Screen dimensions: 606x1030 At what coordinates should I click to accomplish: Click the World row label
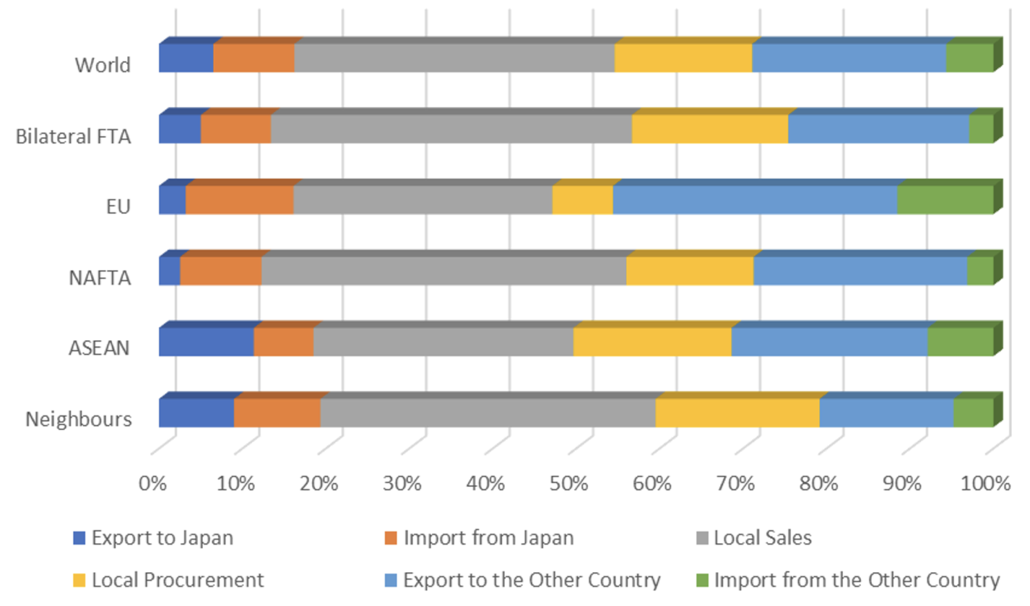102,65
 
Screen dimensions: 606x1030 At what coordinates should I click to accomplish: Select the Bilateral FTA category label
73,136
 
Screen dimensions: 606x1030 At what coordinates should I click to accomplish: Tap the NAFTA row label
99,277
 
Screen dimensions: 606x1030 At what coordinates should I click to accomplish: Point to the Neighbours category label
78,419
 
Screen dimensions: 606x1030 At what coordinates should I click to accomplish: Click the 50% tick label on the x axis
568,483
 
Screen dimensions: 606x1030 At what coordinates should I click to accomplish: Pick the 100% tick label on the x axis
985,483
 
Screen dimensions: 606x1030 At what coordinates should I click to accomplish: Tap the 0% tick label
153,483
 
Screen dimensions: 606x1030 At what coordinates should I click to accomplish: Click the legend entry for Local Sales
762,538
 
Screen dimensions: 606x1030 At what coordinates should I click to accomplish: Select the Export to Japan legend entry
162,538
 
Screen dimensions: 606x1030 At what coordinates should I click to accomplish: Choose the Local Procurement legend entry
177,580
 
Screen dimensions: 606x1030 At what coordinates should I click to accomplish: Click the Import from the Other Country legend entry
856,580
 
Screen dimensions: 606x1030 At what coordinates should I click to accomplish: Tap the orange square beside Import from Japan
391,538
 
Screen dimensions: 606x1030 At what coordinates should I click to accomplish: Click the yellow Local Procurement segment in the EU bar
582,200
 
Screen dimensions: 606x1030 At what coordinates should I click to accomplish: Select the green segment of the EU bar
944,200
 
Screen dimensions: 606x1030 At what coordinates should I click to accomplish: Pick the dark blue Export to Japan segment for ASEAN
206,342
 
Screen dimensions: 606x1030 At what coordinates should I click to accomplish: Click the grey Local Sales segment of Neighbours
487,413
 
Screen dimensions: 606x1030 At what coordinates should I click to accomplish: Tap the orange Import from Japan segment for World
253,58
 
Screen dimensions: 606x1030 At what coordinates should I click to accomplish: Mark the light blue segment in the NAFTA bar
859,271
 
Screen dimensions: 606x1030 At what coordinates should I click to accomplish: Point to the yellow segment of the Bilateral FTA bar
710,129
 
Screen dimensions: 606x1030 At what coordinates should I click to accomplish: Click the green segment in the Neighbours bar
973,413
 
